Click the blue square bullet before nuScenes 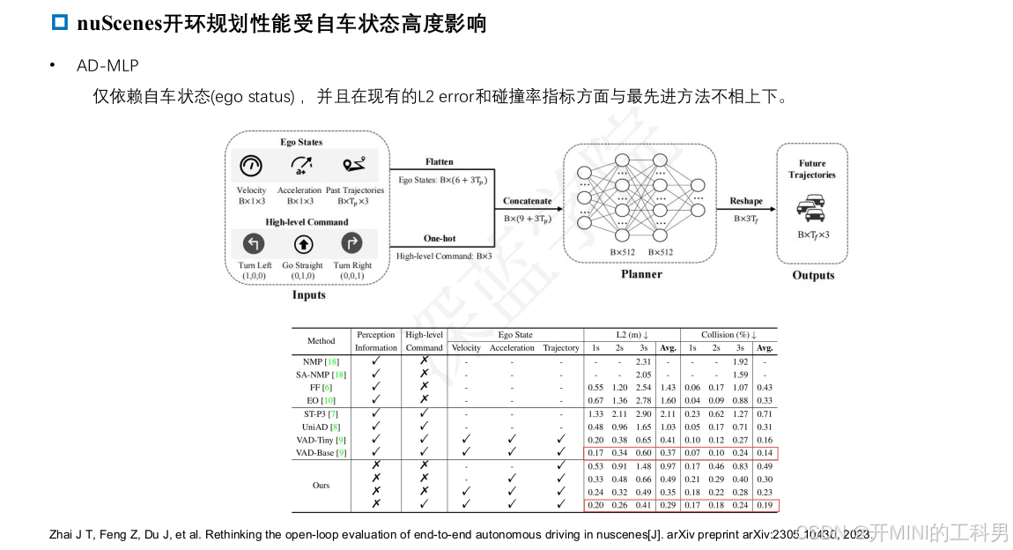point(60,24)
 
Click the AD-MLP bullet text point(107,66)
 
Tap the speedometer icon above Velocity point(251,166)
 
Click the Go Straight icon point(302,243)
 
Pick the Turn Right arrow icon point(351,243)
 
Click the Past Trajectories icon point(355,166)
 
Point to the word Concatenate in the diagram point(527,201)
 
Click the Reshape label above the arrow point(745,201)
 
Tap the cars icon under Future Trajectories point(811,209)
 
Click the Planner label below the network point(640,274)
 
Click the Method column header point(321,341)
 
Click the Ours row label point(321,485)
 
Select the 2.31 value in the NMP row point(643,361)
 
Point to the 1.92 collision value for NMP point(740,361)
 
